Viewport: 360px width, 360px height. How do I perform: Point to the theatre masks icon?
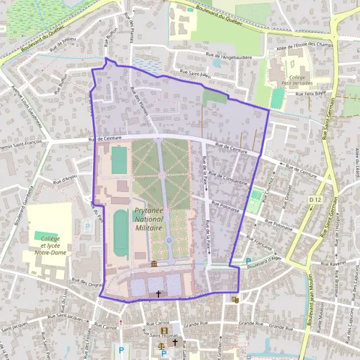(235, 298)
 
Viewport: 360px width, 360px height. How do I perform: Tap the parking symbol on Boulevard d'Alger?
(249, 261)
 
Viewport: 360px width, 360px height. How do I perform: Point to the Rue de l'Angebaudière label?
(228, 56)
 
